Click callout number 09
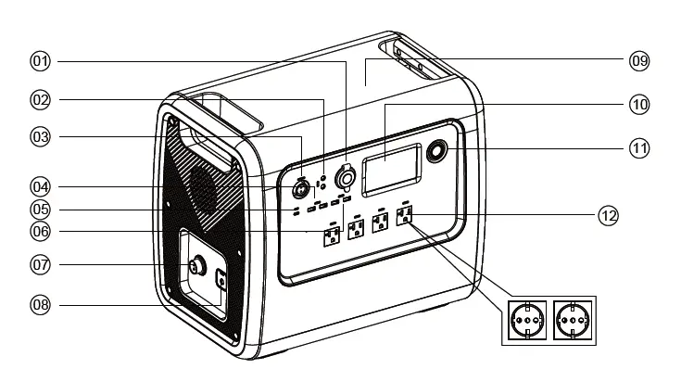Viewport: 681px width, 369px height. click(x=640, y=61)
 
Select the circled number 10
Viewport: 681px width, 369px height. click(x=640, y=104)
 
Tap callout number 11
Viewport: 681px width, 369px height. click(x=640, y=147)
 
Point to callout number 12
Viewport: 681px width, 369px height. click(x=608, y=216)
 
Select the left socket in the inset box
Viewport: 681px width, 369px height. click(x=525, y=321)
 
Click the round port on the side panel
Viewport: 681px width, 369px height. click(x=195, y=266)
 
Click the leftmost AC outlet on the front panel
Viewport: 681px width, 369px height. click(x=330, y=237)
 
